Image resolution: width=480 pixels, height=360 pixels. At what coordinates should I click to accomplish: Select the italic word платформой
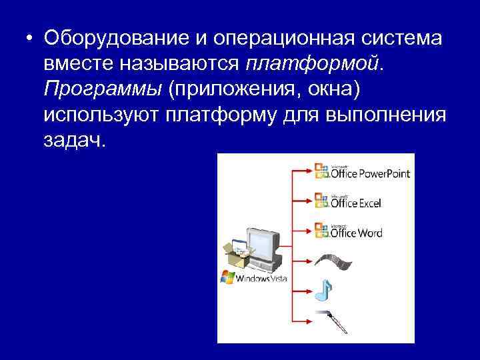(x=313, y=64)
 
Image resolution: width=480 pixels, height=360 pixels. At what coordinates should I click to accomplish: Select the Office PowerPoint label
(x=370, y=174)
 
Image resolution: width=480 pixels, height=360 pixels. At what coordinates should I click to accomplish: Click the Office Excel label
(x=357, y=203)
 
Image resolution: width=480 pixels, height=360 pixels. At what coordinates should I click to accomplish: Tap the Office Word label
(x=357, y=233)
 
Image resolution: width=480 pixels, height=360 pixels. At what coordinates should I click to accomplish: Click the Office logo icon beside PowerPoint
(x=321, y=173)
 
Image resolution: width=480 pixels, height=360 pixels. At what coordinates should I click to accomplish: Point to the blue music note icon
(x=325, y=289)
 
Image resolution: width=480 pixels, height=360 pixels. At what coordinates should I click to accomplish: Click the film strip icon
(x=330, y=259)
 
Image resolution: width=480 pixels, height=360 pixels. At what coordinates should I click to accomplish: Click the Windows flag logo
(x=227, y=277)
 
